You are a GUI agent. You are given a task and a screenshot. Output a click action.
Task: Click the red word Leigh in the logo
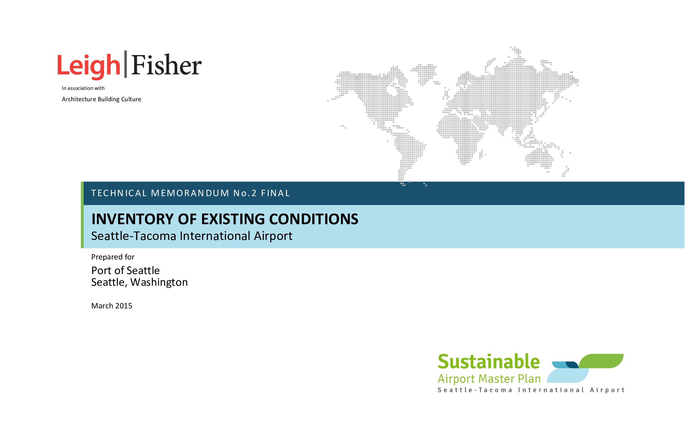[89, 65]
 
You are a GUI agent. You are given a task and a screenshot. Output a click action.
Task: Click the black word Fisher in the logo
[166, 65]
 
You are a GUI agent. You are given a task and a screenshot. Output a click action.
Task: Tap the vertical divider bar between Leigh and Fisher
[126, 64]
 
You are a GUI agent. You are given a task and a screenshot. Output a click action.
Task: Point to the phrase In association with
[83, 88]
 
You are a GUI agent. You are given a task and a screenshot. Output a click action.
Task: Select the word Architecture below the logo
[79, 99]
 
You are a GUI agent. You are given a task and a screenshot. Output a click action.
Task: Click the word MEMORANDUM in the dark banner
[190, 193]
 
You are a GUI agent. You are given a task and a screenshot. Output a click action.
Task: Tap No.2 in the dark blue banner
[245, 193]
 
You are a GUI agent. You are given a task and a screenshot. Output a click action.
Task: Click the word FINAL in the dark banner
[275, 193]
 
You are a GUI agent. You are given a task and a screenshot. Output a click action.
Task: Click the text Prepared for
[113, 257]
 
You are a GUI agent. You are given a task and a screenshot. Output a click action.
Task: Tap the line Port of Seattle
[125, 270]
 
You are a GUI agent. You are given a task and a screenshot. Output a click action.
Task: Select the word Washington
[159, 282]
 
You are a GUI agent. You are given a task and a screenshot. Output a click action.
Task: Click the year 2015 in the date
[123, 306]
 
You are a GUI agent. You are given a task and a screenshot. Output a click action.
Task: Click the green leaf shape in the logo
[601, 361]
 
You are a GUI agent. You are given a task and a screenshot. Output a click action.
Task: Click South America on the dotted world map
[408, 151]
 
